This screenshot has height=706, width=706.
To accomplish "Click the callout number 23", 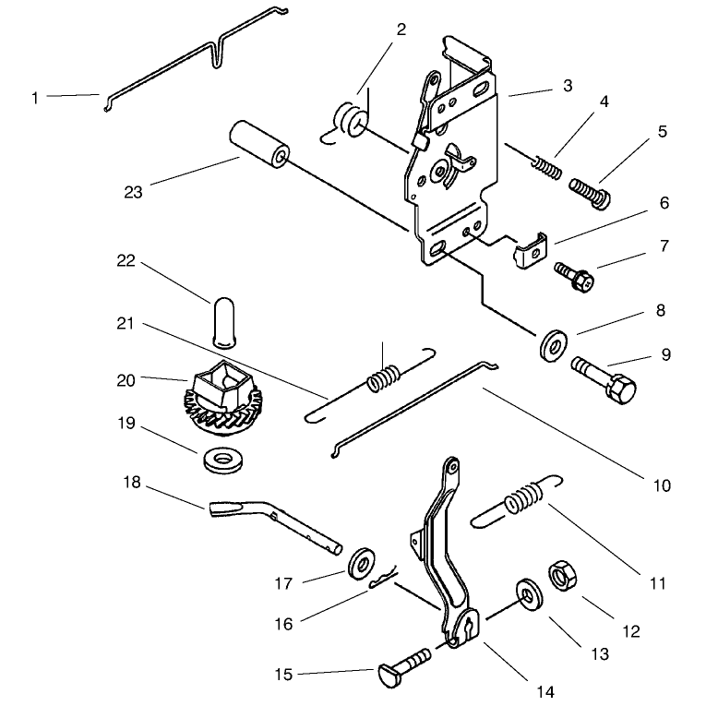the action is [133, 192].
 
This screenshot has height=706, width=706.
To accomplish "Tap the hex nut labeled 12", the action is [562, 575].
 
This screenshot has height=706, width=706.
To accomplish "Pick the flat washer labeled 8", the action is [553, 345].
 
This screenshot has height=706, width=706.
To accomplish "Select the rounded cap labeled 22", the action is [223, 322].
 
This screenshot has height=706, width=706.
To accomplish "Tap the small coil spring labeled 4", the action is [547, 167].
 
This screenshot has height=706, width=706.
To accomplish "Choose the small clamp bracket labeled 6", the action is [530, 251].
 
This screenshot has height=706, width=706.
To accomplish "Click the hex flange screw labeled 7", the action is [574, 276].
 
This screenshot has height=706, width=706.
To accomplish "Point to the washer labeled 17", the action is [362, 563].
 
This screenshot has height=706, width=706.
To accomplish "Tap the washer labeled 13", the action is [530, 594].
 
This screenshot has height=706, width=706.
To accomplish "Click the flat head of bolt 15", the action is [388, 676].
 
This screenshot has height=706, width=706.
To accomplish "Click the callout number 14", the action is [545, 691].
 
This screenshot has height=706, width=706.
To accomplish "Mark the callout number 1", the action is [35, 98].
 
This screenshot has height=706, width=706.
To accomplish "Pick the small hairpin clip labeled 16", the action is [383, 578].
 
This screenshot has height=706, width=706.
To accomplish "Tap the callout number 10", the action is [662, 485].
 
